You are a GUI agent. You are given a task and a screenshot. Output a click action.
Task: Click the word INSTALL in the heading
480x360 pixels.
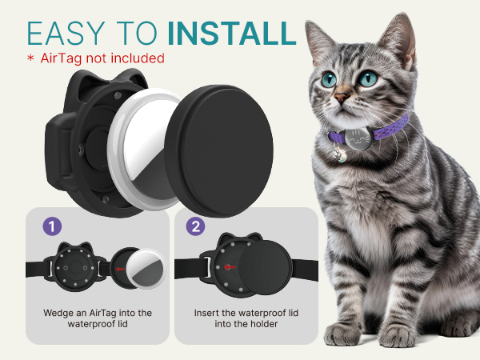coord(232,33)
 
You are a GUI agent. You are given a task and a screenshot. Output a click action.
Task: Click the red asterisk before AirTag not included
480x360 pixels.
coord(30,58)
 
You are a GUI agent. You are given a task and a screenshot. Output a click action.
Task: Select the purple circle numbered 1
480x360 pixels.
coord(52,226)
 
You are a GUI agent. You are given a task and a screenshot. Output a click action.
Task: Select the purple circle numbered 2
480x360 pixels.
coord(196,226)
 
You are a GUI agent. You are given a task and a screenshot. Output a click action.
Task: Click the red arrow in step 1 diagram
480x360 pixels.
coord(120,269)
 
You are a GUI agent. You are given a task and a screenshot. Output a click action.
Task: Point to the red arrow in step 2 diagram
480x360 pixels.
coord(230,267)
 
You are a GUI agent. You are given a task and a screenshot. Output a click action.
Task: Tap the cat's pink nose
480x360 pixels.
coord(342,97)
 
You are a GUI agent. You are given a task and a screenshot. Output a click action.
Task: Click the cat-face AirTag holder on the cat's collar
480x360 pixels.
coord(358,138)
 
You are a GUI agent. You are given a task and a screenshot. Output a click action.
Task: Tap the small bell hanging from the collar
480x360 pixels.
coord(341,154)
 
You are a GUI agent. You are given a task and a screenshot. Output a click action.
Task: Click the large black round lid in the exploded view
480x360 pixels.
coord(219,151)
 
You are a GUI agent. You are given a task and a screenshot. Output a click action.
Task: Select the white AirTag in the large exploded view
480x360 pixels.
coord(142,150)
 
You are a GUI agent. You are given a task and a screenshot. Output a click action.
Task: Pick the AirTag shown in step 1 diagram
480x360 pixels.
coord(147,269)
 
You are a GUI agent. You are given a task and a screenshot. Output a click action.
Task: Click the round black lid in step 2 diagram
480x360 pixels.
coord(266,267)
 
